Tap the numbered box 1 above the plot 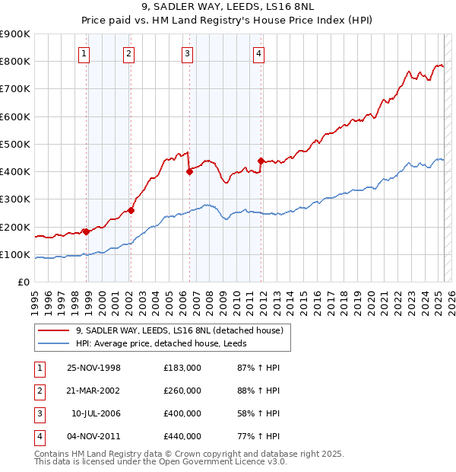point(84,53)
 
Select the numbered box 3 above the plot point(187,53)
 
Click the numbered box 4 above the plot point(259,53)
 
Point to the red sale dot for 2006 point(189,172)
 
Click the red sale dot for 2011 point(261,161)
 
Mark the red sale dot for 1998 point(87,231)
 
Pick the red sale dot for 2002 point(131,210)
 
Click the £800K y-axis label point(15,61)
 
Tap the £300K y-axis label point(15,199)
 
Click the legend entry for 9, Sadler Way point(179,330)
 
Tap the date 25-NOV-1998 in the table point(94,368)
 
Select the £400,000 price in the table point(182,413)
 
